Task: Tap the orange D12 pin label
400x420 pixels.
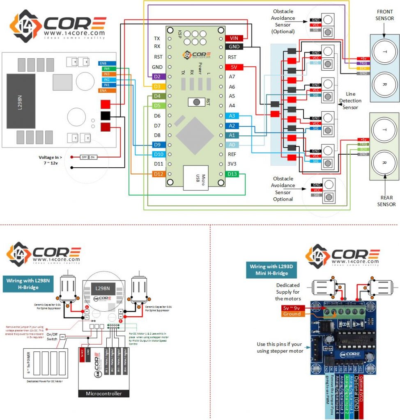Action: (158, 174)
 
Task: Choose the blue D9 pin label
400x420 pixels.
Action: (158, 145)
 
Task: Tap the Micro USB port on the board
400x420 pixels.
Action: (198, 178)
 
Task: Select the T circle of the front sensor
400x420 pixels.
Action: (384, 52)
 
